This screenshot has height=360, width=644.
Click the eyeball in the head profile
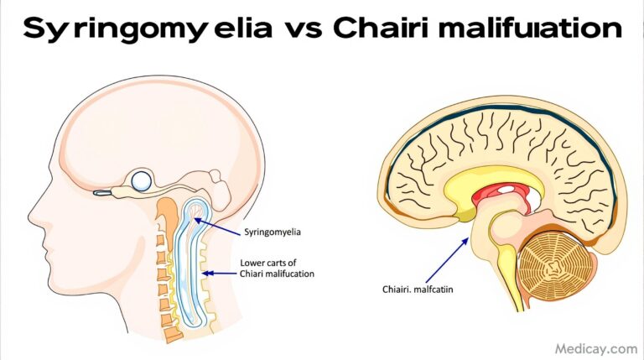(142, 180)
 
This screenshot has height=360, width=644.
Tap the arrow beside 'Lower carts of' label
(221, 272)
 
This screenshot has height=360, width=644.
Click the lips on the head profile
(55, 243)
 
